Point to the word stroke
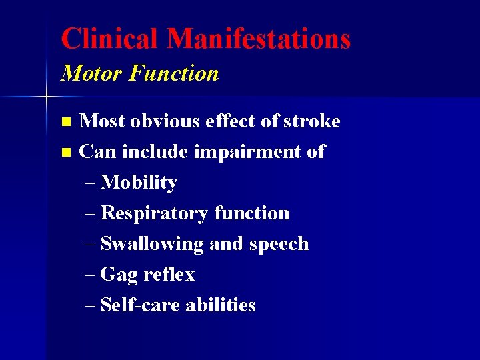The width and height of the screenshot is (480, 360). (x=311, y=121)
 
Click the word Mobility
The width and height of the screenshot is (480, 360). (x=139, y=183)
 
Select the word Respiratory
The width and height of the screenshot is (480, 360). (x=154, y=214)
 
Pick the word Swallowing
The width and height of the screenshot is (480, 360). (x=152, y=245)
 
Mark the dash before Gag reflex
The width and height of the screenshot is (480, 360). (x=91, y=275)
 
